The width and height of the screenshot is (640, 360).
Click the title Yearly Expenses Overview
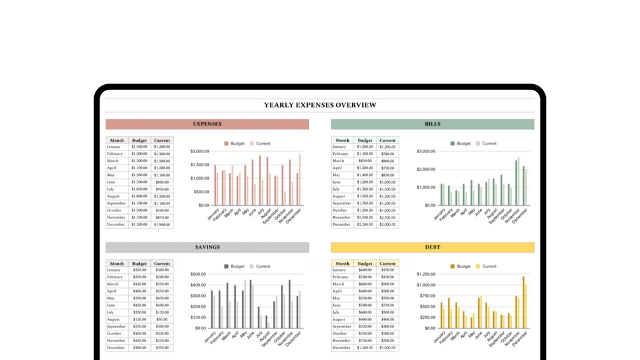[320, 105]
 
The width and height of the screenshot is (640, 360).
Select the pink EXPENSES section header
[207, 124]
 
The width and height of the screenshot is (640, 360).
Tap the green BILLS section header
[432, 124]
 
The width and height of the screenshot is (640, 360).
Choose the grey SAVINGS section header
[207, 247]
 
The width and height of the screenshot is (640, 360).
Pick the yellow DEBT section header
[432, 247]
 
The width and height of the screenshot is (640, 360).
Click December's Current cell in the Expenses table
[162, 225]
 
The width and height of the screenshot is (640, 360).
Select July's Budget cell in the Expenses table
[139, 189]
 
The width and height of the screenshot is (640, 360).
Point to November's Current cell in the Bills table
[387, 218]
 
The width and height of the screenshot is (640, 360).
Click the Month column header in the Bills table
[342, 140]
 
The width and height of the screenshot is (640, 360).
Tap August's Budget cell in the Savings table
[139, 319]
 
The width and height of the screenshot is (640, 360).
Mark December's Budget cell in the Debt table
[365, 348]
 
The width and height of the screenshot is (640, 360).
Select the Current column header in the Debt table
[387, 263]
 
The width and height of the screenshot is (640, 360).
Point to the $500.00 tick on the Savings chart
[198, 275]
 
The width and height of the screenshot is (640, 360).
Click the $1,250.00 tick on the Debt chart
[425, 274]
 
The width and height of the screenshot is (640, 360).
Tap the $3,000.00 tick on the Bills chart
[425, 152]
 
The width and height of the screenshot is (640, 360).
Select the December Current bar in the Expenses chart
[300, 180]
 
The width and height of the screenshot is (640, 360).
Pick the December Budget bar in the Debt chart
[523, 303]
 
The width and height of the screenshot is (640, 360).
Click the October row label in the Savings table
[115, 334]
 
